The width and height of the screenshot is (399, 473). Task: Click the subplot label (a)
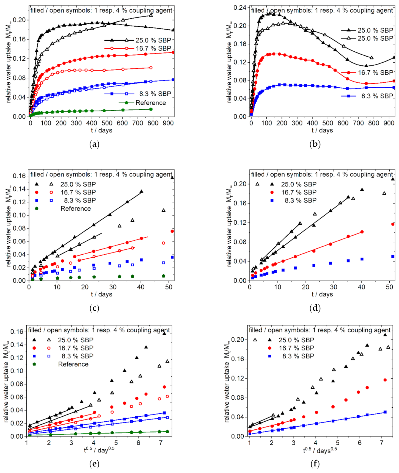coord(94,144)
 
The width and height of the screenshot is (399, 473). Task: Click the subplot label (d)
coord(315,308)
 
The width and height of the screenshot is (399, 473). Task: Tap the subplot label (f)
coord(315,464)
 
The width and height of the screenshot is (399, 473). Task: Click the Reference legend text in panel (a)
coord(151,103)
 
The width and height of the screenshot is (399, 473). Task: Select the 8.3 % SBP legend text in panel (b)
coord(377,96)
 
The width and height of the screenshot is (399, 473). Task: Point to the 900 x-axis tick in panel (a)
coord(168,123)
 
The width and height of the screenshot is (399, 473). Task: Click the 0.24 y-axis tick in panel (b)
coord(240,8)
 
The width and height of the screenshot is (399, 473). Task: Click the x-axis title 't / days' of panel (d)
coord(322,294)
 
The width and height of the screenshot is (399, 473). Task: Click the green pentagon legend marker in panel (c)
coord(37,208)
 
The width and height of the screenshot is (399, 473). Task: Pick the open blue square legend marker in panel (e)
coord(49,356)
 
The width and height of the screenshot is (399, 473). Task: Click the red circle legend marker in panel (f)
coord(270,348)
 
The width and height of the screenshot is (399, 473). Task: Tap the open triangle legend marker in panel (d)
coord(257,184)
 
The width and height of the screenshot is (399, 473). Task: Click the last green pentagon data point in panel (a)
coord(151,109)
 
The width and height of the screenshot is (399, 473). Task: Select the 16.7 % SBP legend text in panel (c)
coord(78,192)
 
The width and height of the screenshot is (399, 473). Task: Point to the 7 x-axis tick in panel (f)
coord(382,443)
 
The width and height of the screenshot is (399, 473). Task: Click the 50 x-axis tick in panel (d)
coord(389,287)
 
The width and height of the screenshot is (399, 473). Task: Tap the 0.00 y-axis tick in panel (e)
coord(17,436)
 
